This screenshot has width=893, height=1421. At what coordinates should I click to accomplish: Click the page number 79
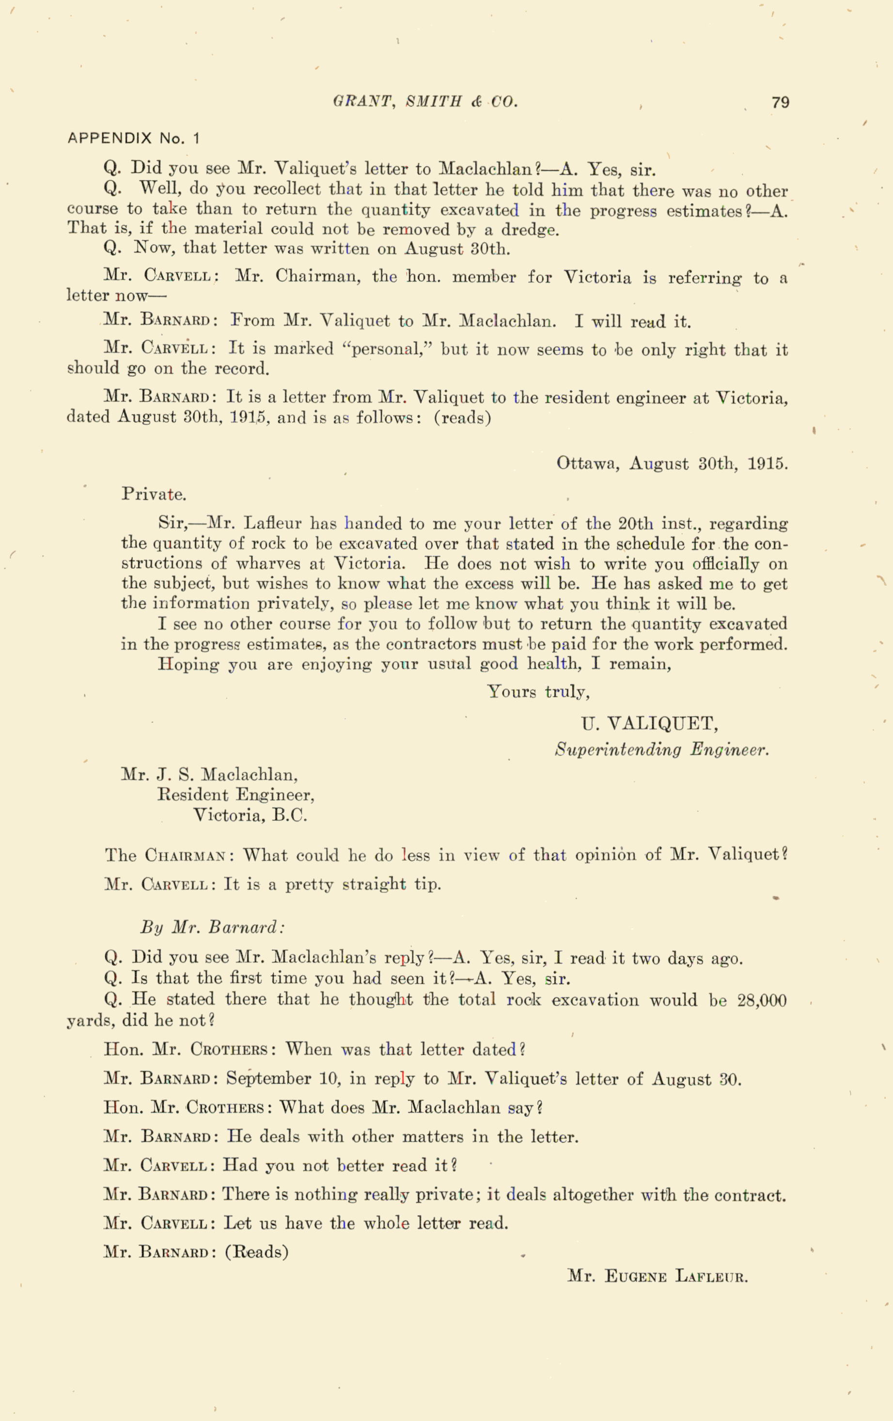pyautogui.click(x=780, y=103)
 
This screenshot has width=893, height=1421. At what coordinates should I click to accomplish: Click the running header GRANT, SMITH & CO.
pyautogui.click(x=425, y=102)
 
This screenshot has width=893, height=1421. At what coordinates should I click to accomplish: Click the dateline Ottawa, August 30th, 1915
pyautogui.click(x=672, y=463)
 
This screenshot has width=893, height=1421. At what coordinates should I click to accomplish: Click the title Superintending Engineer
pyautogui.click(x=662, y=750)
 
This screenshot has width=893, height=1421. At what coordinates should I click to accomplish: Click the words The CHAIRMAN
pyautogui.click(x=170, y=855)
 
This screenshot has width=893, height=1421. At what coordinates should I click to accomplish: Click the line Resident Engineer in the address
pyautogui.click(x=235, y=795)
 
